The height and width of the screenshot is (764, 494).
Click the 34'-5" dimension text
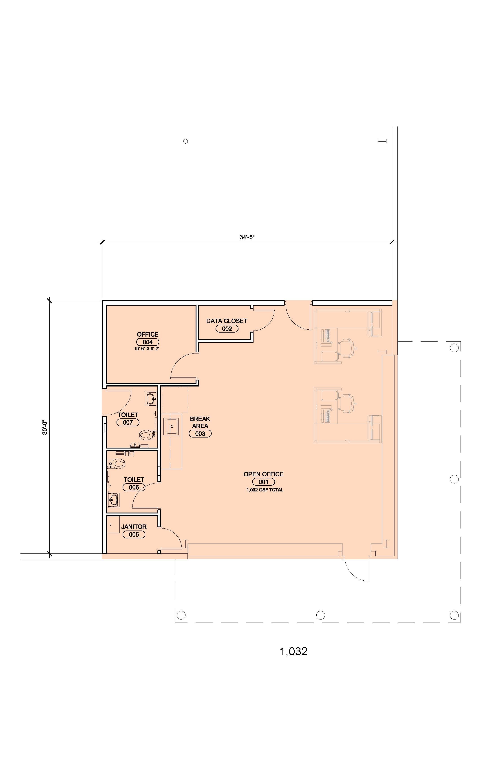point(247,237)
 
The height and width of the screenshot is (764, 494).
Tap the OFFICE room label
point(148,334)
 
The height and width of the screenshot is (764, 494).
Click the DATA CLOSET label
point(227,321)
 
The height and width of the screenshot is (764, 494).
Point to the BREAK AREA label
point(200,422)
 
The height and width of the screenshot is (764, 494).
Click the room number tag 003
point(200,434)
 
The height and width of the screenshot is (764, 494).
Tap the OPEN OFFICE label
point(263,474)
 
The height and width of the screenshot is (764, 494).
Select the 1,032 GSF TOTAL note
point(265,490)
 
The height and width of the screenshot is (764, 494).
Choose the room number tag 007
point(128,422)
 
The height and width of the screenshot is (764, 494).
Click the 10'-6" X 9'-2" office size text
point(147,348)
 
